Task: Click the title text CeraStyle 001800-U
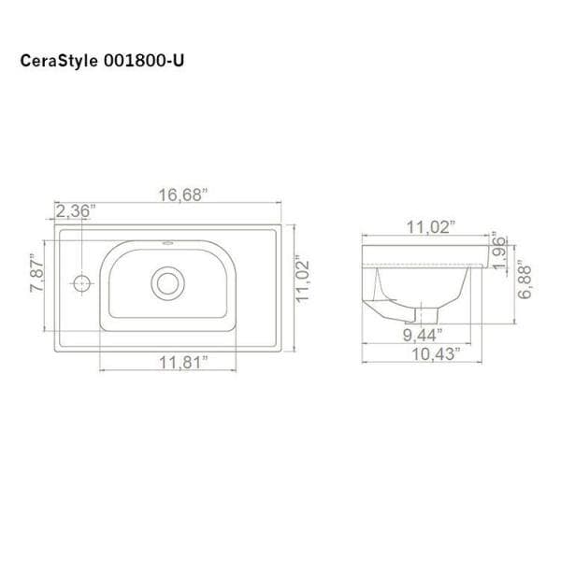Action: click(102, 61)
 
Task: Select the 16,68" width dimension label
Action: click(183, 195)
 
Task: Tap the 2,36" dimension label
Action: click(76, 210)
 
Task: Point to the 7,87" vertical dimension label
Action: click(36, 273)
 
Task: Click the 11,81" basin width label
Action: click(183, 363)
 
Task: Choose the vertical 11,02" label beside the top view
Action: click(302, 279)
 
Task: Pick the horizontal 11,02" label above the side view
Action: click(431, 227)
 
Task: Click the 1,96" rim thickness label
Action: click(499, 252)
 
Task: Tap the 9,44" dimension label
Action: click(423, 335)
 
